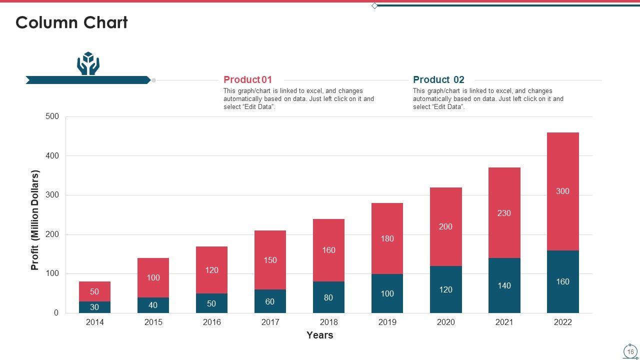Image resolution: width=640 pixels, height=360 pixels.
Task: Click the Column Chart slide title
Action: coord(71,22)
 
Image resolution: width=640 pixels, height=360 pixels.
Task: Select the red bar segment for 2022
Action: coord(562,170)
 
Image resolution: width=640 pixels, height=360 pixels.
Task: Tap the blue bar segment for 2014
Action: coord(94,307)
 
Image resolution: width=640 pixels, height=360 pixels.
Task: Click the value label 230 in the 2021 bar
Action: coord(504,213)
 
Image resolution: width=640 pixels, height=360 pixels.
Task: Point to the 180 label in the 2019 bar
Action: coord(387,238)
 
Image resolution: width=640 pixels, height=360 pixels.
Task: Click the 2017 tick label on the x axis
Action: coord(270,322)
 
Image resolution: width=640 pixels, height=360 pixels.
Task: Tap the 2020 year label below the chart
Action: coord(445,322)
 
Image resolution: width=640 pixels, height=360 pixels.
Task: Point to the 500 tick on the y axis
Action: coord(52,116)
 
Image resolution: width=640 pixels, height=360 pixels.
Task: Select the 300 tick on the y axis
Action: coord(52,195)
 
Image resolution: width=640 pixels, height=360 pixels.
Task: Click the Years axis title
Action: coord(320,335)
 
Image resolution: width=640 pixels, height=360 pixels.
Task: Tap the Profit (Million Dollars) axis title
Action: coord(35,220)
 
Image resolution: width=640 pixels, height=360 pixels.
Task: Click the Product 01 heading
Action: coord(247,79)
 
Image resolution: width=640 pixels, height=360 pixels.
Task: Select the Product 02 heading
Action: coord(438,79)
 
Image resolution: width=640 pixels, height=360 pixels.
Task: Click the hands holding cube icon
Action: coord(88,63)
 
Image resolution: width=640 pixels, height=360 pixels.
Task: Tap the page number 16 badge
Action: coord(630,351)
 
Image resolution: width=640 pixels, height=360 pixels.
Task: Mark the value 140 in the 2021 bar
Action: coord(504,285)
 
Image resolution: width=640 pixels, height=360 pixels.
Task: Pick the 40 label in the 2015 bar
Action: coord(153,305)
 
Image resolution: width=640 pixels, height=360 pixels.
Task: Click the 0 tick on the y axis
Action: coord(56,313)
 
